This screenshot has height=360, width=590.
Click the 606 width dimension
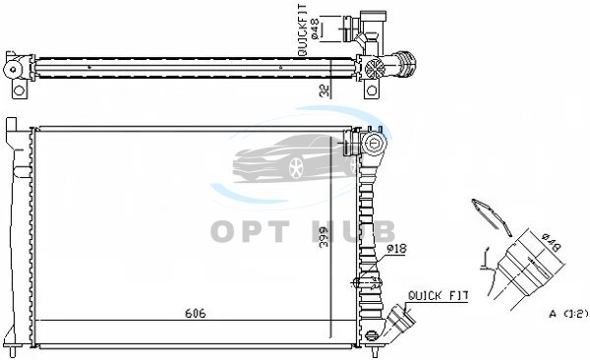(x=196, y=314)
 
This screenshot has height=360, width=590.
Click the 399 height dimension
(x=324, y=236)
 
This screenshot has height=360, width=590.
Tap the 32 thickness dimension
(x=324, y=90)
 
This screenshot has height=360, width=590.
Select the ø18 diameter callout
(x=396, y=249)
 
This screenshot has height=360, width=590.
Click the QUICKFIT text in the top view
(x=303, y=30)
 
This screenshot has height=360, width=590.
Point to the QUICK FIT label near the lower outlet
(x=438, y=296)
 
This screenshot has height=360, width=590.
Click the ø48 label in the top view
(x=315, y=29)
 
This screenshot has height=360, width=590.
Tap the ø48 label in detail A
(x=552, y=243)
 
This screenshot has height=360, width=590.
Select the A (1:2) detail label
(x=568, y=314)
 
